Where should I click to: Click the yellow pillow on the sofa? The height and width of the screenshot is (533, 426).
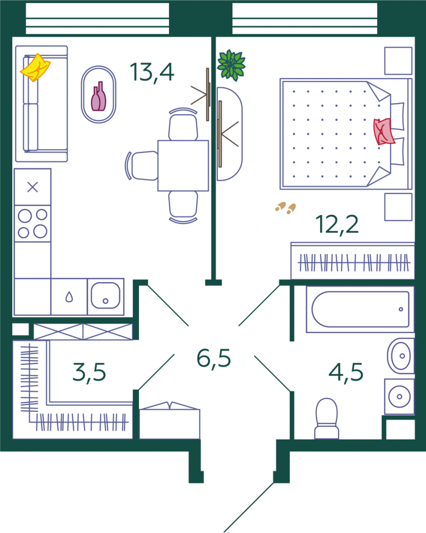click(35, 68)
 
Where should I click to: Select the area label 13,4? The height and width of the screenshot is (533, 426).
click(152, 72)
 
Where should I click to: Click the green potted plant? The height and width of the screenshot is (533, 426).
click(231, 65)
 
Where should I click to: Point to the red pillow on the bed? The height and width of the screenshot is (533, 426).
click(384, 132)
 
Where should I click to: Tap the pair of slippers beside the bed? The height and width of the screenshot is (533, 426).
click(285, 208)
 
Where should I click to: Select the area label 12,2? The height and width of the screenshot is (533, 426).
click(337, 224)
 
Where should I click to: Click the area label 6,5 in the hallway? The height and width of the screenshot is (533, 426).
click(214, 358)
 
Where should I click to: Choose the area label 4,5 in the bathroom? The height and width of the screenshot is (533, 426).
click(346, 373)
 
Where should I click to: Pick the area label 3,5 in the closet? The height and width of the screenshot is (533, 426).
click(89, 373)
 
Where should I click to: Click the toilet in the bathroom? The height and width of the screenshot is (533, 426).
click(327, 418)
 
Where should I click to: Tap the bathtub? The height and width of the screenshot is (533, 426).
click(360, 309)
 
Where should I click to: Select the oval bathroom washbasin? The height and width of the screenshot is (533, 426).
click(400, 356)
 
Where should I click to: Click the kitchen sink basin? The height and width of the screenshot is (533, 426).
click(105, 296)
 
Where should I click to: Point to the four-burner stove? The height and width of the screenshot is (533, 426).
click(33, 223)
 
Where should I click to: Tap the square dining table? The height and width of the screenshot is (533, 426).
click(183, 166)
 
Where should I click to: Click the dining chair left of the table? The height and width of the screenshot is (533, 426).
click(142, 166)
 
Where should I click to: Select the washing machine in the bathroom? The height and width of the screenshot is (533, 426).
click(399, 397)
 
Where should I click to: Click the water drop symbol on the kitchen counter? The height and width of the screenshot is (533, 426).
click(69, 297)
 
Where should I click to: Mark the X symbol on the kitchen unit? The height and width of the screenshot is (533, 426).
click(33, 187)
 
